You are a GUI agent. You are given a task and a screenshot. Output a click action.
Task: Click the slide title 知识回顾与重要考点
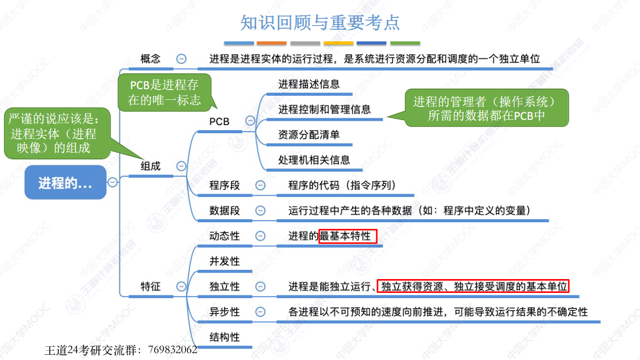coord(320,23)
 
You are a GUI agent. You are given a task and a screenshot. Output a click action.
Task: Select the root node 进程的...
coord(66,183)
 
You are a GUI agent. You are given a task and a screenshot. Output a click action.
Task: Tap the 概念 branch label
coord(151,59)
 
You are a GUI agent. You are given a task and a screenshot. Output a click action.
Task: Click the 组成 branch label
coord(151,166)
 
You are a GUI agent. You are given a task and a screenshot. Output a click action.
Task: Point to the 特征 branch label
coord(151,286)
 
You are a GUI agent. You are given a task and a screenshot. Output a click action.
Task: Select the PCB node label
coord(219,121)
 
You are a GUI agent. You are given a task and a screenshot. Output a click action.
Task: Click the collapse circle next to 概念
coord(181,59)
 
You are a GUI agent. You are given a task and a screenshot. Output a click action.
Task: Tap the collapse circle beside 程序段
coord(260,185)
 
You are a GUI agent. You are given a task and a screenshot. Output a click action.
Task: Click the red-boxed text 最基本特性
coord(347,236)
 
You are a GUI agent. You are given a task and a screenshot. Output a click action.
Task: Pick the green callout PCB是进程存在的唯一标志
coord(164,92)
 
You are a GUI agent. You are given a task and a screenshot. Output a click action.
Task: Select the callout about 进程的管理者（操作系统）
coord(486,108)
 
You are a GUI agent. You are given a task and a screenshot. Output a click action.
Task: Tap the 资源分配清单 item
coord(309,135)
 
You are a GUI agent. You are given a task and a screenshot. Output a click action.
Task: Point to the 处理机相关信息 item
coord(314,160)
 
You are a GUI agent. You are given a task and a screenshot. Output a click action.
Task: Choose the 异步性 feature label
coord(224,312)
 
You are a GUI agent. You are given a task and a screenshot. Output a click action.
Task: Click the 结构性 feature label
coord(224,337)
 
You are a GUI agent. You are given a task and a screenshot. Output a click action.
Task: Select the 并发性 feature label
coord(224,261)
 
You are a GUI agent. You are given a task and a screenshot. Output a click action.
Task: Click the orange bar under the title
coord(272,44)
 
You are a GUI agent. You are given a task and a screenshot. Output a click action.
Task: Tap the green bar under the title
coord(405,44)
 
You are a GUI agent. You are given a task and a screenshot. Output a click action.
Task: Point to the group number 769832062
coord(173,350)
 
